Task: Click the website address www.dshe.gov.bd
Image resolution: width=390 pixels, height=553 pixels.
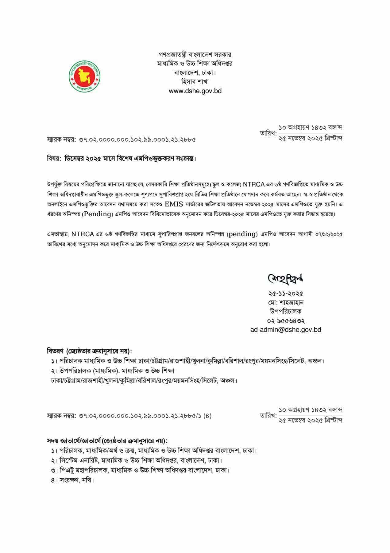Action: point(195,91)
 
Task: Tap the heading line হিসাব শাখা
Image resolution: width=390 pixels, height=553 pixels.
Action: point(195,82)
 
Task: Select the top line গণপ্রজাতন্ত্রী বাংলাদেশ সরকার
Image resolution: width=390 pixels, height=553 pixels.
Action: point(195,55)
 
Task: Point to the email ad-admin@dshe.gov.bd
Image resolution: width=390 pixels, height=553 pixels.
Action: point(286,330)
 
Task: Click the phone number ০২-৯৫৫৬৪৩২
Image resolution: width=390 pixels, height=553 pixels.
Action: point(286,321)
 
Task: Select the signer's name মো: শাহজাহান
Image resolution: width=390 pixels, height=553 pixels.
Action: point(286,303)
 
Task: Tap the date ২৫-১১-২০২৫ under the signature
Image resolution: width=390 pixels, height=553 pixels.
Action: point(286,294)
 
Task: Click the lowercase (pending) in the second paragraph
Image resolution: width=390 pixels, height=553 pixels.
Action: point(242,234)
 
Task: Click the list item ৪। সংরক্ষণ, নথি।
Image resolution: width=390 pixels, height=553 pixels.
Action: point(72,480)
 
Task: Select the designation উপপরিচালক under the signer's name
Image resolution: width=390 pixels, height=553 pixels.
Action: point(286,312)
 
